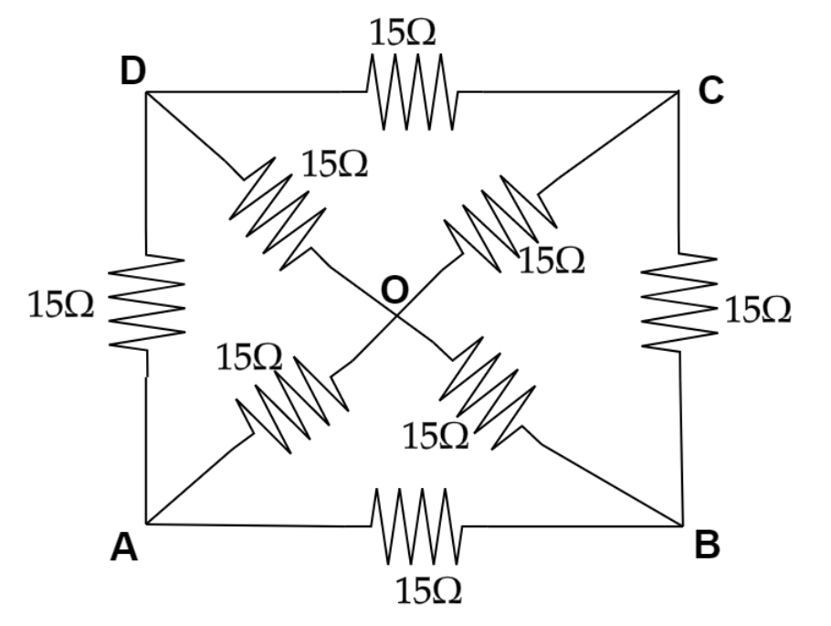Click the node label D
coord(133,72)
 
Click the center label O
coord(394,290)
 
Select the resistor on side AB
coord(415,524)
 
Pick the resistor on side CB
coord(679,302)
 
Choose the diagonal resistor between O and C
coord(498,222)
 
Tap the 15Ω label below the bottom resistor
coord(428,592)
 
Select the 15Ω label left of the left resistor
coord(60,304)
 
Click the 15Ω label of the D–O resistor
coord(334,164)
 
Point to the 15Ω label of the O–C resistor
coord(552,261)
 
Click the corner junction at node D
coord(148,92)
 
